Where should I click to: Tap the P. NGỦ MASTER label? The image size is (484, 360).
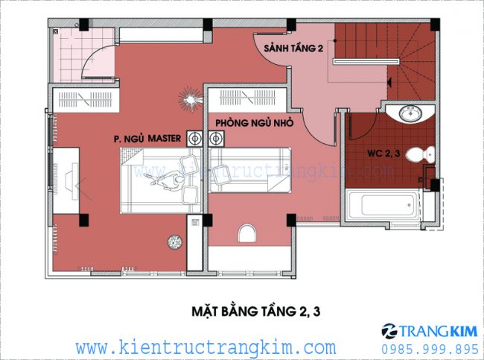148,138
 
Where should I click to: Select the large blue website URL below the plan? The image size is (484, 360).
206,347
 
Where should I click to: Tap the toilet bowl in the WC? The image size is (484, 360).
424,155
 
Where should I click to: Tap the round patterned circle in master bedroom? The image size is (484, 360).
175,242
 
